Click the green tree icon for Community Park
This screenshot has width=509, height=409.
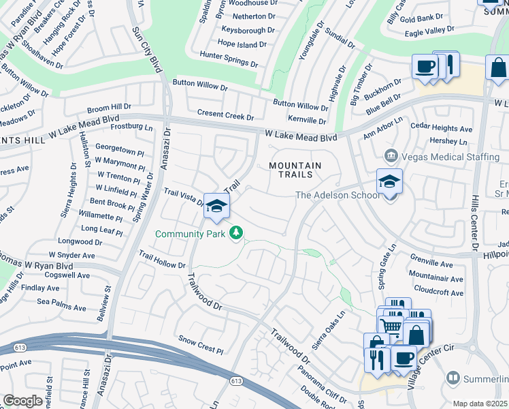click(x=236, y=234)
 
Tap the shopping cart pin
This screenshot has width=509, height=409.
click(x=391, y=326)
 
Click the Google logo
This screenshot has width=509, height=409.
click(x=22, y=401)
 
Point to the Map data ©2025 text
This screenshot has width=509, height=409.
click(x=480, y=404)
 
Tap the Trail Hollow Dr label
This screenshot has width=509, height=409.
click(x=162, y=259)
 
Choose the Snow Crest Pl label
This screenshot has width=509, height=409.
click(x=201, y=344)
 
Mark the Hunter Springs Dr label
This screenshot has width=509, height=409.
click(x=229, y=59)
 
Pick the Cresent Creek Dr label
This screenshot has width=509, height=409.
click(x=225, y=114)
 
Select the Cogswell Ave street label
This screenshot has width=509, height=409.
click(x=65, y=275)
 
